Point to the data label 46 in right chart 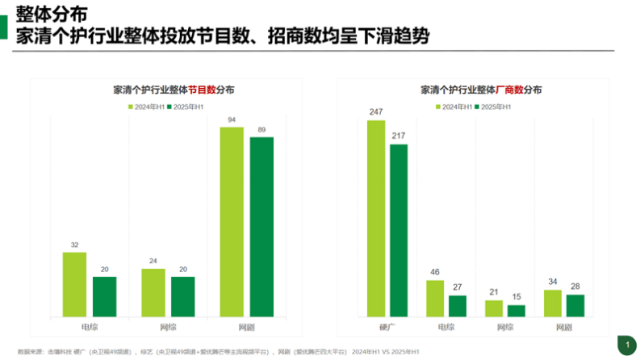(435, 273)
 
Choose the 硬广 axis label (387, 327)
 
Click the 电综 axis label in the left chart (90, 327)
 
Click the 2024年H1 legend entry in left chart (146, 107)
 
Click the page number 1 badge (626, 345)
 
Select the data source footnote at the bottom (218, 351)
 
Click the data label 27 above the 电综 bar (458, 288)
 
